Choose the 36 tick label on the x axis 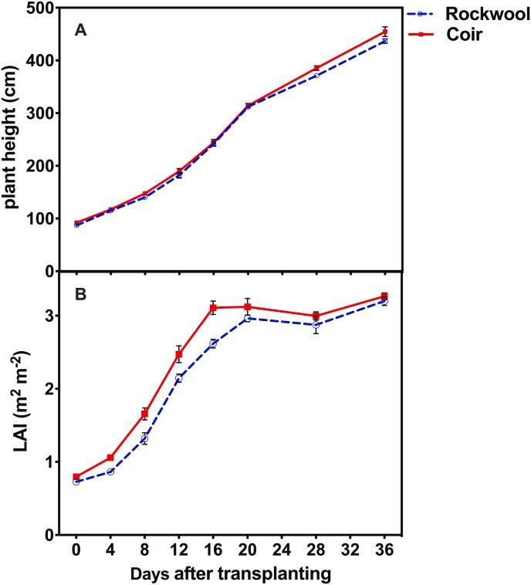pos(384,550)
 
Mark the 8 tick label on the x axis pos(144,550)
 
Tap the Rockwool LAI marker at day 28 pos(316,325)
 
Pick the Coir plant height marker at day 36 pos(384,32)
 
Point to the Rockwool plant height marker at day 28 pos(316,75)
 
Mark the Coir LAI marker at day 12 pos(179,354)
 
